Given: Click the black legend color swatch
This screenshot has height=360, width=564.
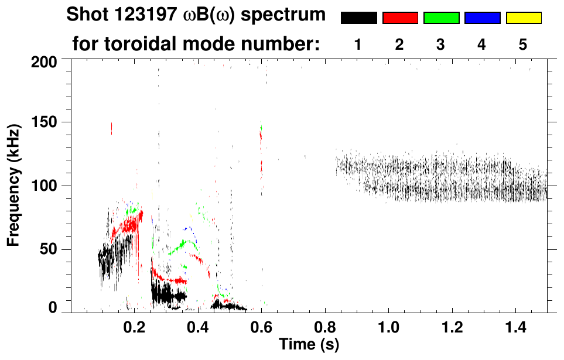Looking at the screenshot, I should [x=358, y=18].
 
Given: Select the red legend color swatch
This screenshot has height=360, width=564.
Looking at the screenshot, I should [x=400, y=18].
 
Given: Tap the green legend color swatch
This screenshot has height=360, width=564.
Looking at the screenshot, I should [x=441, y=18].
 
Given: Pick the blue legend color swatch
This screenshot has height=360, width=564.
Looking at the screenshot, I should [x=482, y=18].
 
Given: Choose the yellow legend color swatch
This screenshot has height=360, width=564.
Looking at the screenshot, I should [x=524, y=18].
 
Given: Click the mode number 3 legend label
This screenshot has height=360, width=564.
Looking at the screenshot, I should [x=440, y=44].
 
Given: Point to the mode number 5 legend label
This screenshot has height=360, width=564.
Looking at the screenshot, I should [x=523, y=44].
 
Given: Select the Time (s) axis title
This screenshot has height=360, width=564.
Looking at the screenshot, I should [x=308, y=344].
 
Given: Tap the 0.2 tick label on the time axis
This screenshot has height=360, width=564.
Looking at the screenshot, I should [x=134, y=326].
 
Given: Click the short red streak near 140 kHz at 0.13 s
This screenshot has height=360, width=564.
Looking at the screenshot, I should [x=111, y=128].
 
